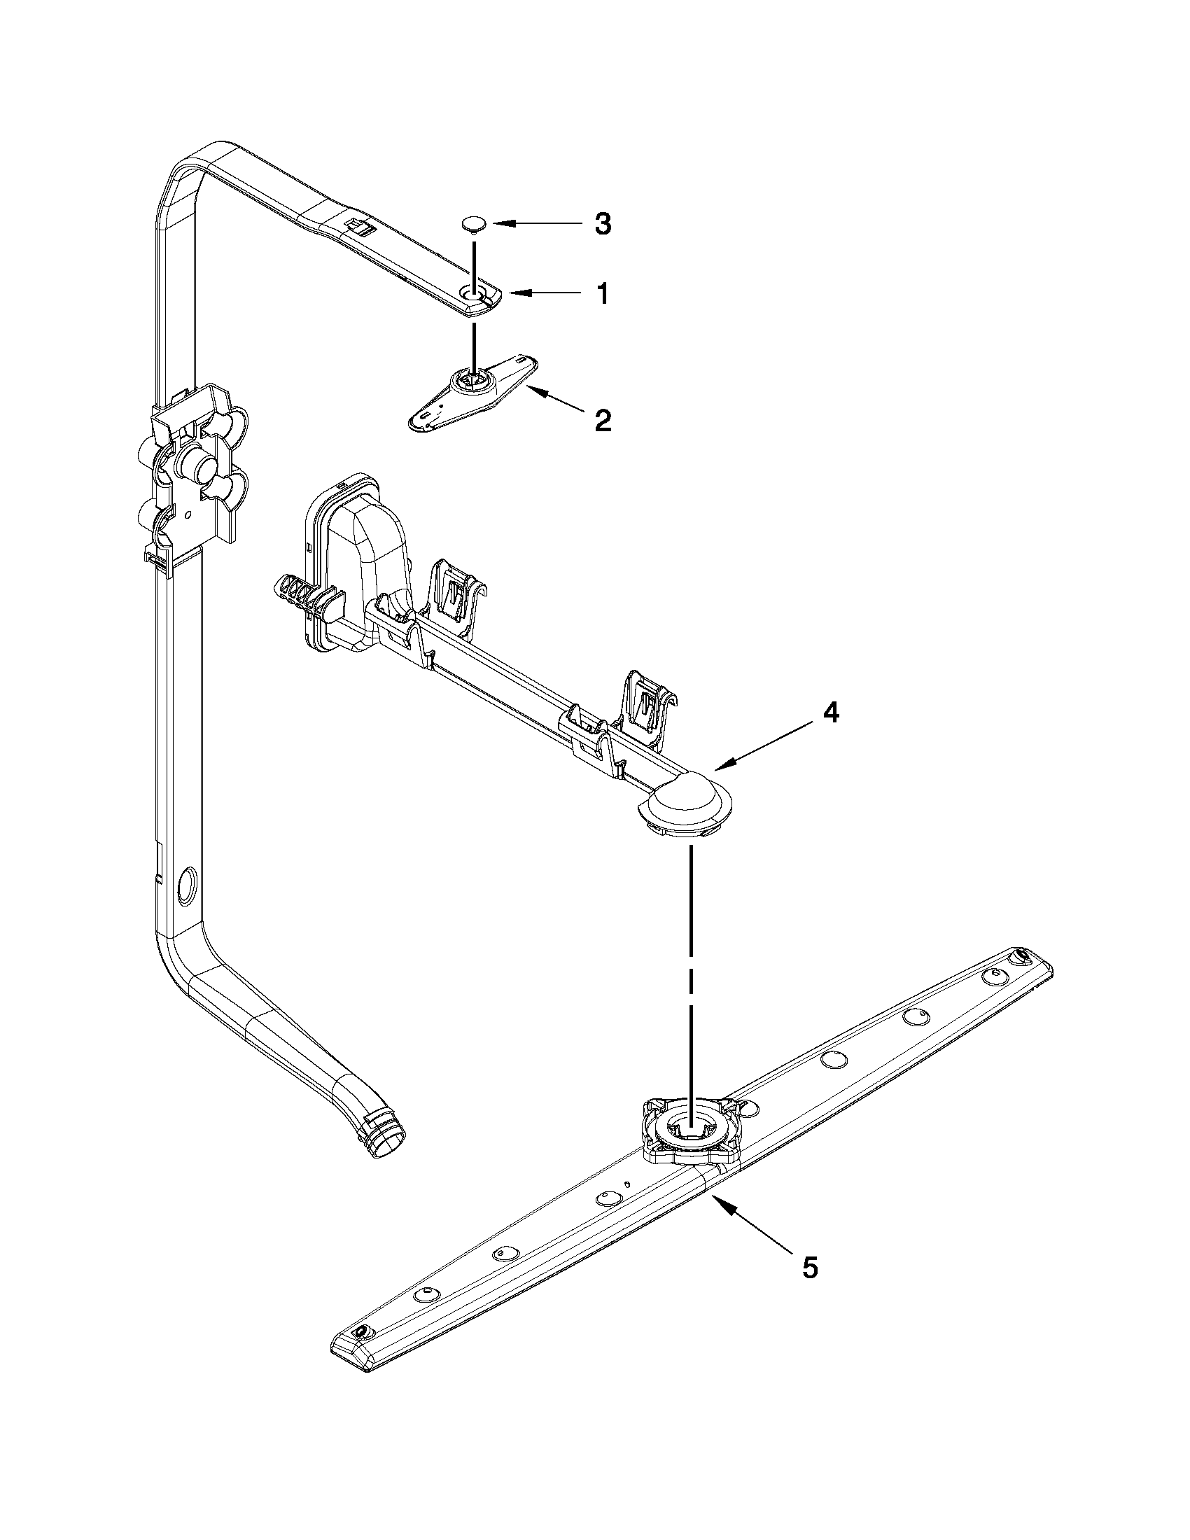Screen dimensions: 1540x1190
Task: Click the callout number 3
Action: (x=601, y=224)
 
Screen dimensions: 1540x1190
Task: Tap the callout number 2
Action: (x=602, y=421)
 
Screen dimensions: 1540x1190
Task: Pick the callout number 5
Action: (x=810, y=1268)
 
